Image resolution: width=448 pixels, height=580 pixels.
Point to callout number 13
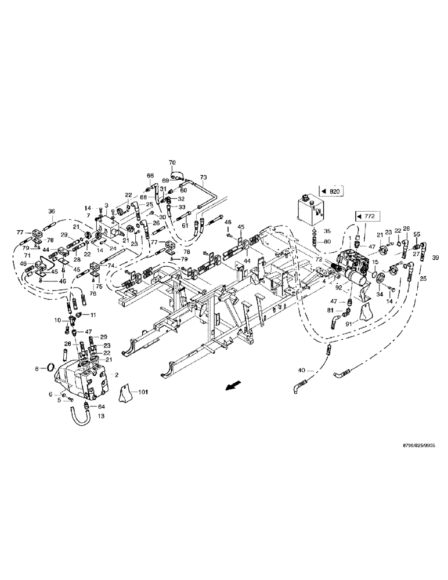click(x=85, y=416)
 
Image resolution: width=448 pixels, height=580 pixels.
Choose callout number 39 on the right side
click(x=436, y=257)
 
